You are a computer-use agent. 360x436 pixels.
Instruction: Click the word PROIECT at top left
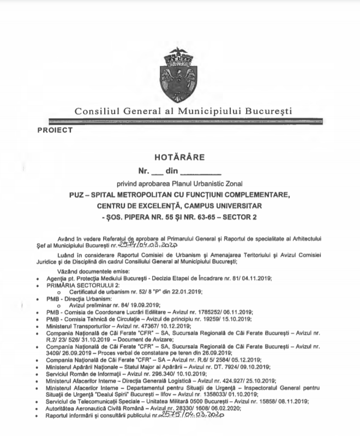55,130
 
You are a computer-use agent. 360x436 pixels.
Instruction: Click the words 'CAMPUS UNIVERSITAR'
218,205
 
